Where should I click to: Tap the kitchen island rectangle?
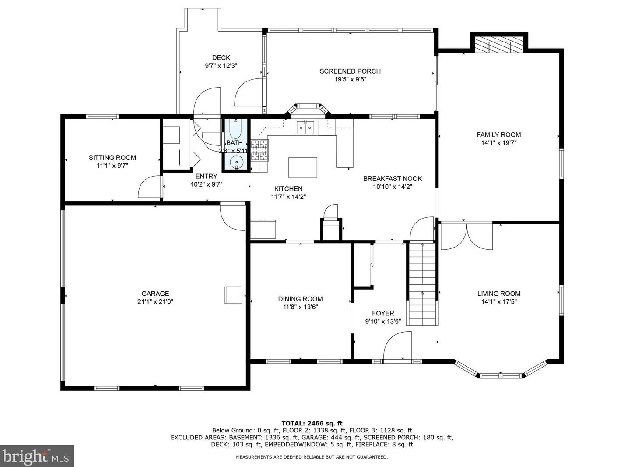(302, 168)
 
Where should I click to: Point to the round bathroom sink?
(237, 162)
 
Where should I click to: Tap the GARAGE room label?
(155, 294)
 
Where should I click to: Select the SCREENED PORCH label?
(350, 71)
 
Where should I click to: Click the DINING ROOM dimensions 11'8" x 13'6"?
(300, 307)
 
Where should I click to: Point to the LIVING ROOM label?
(498, 294)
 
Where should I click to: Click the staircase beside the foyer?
(422, 285)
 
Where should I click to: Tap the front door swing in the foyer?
(397, 346)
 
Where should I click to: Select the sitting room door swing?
(150, 187)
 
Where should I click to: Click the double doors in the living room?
(467, 237)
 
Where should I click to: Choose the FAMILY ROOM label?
(498, 134)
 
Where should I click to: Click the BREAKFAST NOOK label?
(392, 178)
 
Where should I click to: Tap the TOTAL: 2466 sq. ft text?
(312, 423)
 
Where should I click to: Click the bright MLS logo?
(37, 456)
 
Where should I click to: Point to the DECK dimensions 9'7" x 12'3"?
(221, 66)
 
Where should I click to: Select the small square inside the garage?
(233, 295)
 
